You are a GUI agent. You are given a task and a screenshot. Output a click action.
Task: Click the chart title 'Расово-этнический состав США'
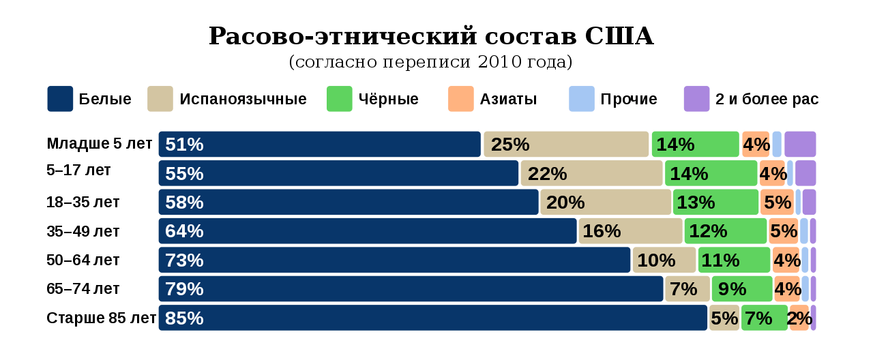coord(431,37)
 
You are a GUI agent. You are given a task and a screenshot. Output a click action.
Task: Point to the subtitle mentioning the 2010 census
coord(431,62)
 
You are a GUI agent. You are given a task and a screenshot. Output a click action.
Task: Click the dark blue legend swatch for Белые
coord(60,99)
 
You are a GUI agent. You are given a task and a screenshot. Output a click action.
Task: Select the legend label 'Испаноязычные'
coord(243,100)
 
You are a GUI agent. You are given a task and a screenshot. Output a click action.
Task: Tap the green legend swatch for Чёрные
coord(340,99)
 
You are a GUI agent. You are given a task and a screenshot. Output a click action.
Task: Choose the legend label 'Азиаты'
coord(508,100)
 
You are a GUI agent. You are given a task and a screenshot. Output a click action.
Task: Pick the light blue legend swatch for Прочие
coord(582,99)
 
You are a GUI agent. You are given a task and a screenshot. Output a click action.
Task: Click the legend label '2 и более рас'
coord(767,100)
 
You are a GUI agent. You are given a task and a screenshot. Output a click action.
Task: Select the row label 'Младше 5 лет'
coord(100,144)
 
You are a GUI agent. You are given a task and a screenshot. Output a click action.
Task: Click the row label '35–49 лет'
coord(83,231)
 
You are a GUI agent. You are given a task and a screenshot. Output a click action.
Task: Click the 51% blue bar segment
coord(320,144)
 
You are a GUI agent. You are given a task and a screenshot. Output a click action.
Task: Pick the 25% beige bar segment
coord(566,144)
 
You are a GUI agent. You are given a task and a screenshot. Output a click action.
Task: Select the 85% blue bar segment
coord(433,318)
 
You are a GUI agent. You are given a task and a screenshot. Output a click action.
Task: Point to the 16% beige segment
coord(630,231)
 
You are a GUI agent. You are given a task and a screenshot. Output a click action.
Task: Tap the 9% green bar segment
coord(742,289)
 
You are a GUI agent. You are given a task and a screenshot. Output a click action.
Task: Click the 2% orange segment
coord(799,318)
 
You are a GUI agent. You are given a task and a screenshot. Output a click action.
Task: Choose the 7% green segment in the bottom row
coord(765,318)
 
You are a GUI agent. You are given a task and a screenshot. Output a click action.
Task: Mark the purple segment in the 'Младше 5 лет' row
coord(800,144)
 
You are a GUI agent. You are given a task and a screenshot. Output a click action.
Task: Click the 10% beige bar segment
coord(664,260)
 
